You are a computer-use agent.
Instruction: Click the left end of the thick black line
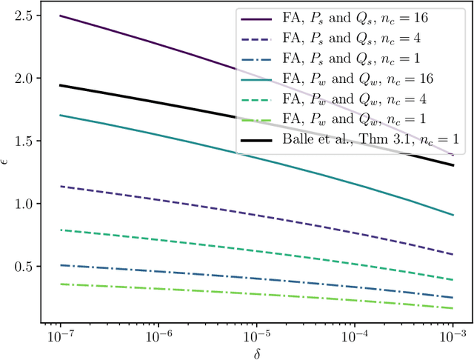(x=59, y=85)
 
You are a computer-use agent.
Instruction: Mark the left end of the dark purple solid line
(x=59, y=15)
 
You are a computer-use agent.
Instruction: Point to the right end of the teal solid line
(x=453, y=215)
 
